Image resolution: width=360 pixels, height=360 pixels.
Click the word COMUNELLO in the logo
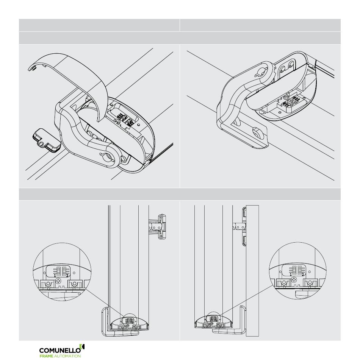pyautogui.click(x=60, y=351)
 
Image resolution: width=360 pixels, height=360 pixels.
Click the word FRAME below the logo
pyautogui.click(x=46, y=356)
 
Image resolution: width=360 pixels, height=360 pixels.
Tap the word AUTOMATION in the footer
pyautogui.click(x=67, y=356)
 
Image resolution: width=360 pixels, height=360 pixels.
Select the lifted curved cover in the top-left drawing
pyautogui.click(x=69, y=76)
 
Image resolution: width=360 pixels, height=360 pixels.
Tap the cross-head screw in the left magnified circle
pyautogui.click(x=59, y=281)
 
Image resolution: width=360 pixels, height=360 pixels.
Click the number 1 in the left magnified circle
pyautogui.click(x=55, y=275)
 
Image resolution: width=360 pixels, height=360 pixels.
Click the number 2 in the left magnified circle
pyautogui.click(x=67, y=275)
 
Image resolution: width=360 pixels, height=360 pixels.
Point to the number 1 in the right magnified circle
pyautogui.click(x=291, y=274)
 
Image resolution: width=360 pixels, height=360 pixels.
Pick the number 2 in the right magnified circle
pyautogui.click(x=303, y=274)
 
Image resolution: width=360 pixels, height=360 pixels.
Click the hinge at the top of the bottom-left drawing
pyautogui.click(x=158, y=227)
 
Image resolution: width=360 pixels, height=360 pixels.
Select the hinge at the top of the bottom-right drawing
pyautogui.click(x=239, y=227)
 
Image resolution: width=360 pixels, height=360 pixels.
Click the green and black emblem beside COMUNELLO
pyautogui.click(x=82, y=347)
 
